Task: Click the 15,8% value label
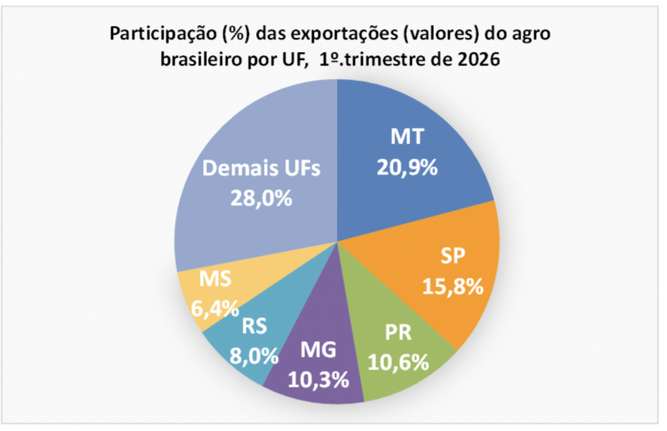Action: coord(453,285)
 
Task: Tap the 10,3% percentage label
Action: coord(320,380)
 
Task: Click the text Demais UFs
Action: coord(262,169)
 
